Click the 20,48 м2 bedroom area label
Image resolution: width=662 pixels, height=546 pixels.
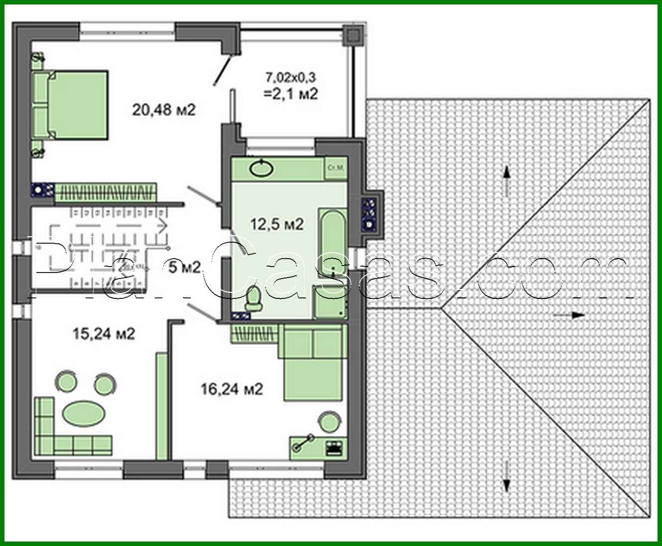tap(164, 109)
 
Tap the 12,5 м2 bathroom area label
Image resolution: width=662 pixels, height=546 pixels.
tap(277, 224)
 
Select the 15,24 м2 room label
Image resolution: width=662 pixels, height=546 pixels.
tap(103, 333)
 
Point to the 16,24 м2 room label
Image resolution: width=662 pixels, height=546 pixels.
tap(231, 388)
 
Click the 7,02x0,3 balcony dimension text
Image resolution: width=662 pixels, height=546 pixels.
tap(291, 78)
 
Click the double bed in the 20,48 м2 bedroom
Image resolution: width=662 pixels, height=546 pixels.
tap(71, 104)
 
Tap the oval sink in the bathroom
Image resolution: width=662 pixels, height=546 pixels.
tap(262, 168)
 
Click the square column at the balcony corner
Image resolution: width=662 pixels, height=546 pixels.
tap(353, 35)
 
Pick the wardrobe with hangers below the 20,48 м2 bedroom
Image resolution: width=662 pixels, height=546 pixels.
tap(106, 191)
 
